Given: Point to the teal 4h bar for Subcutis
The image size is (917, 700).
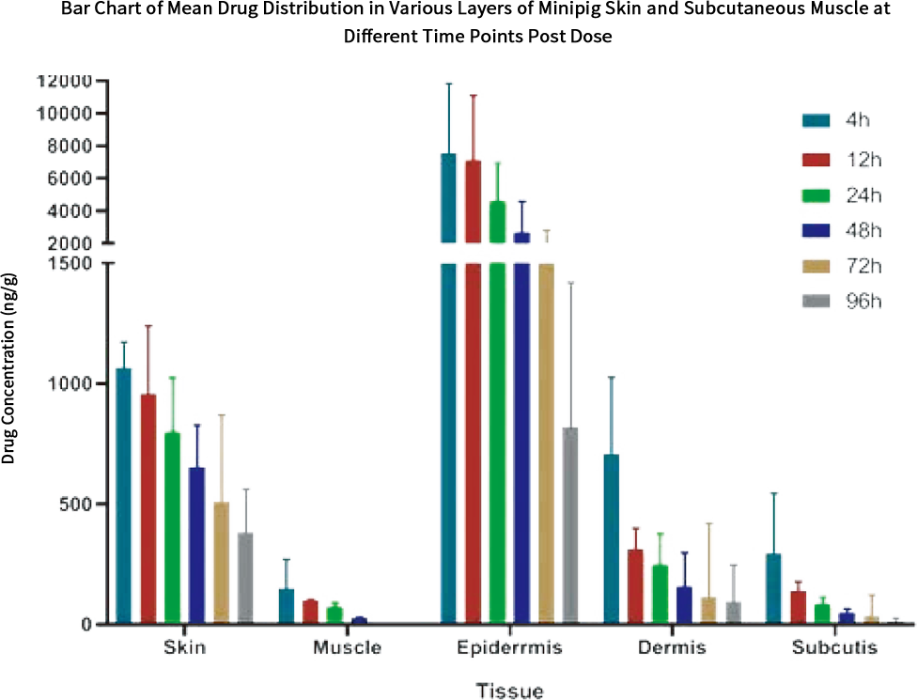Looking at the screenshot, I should [774, 587].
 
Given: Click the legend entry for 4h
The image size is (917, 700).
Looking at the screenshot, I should [842, 119].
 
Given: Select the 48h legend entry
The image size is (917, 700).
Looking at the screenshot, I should [842, 230].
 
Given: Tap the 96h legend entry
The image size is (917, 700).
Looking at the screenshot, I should [842, 302].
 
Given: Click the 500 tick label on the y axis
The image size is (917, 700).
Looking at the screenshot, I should [77, 504].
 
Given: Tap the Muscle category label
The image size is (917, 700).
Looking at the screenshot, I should [347, 648].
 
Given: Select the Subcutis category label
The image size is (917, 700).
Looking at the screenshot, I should [833, 648].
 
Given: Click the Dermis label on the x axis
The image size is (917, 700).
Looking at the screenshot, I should [671, 648].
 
